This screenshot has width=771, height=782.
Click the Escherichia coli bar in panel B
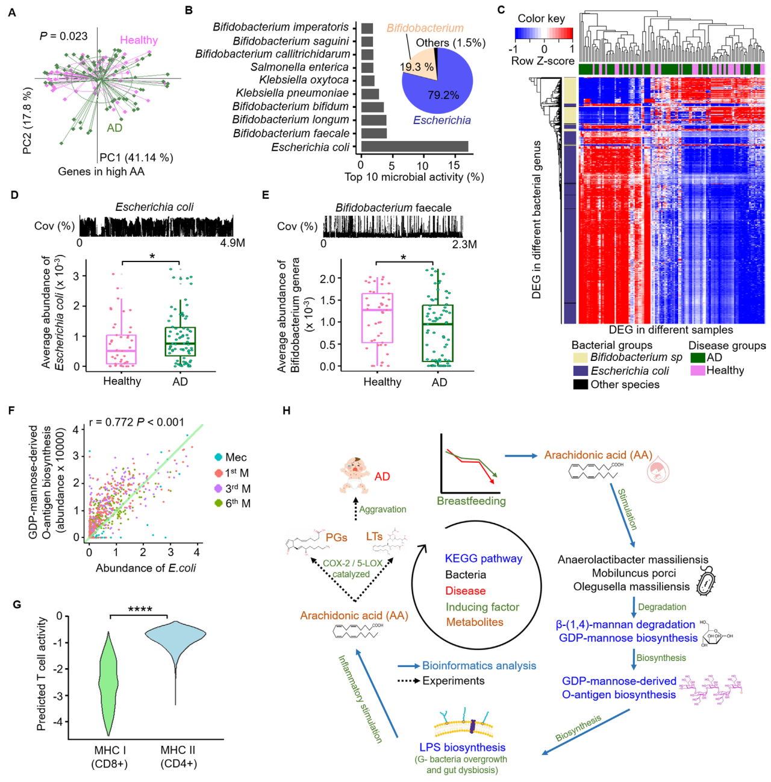[x=414, y=146]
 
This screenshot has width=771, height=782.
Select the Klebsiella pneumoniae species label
[x=292, y=93]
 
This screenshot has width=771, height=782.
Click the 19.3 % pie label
[x=417, y=67]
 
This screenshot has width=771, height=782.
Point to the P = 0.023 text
[x=63, y=36]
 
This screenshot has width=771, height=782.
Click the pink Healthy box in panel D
[x=121, y=349]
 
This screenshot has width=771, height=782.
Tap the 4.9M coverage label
[x=233, y=243]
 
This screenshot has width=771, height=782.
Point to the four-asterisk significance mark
[x=140, y=610]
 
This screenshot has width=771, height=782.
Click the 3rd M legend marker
[x=218, y=489]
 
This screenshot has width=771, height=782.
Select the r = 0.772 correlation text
[x=136, y=422]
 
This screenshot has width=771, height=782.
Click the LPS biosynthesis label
[x=462, y=748]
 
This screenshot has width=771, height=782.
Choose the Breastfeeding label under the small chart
[x=471, y=501]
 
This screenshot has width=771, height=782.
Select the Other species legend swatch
[x=580, y=384]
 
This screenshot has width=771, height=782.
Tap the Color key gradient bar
[x=544, y=33]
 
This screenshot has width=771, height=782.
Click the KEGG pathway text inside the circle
[x=483, y=558]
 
